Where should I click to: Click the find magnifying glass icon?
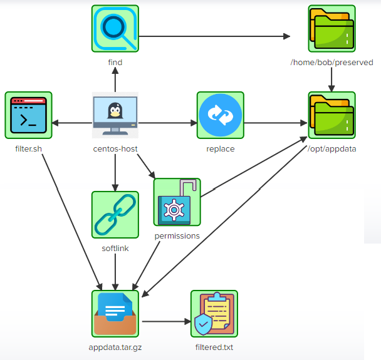[115, 29]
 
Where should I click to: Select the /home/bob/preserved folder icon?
[331, 29]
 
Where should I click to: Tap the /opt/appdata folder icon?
[331, 115]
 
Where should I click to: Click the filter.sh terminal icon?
[28, 115]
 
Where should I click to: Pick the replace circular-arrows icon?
[220, 115]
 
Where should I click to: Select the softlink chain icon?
[115, 215]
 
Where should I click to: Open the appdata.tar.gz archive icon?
[115, 314]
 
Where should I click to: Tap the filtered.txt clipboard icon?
[214, 314]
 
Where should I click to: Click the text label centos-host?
[115, 149]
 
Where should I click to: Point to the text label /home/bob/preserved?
[331, 63]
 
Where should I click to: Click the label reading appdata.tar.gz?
[115, 347]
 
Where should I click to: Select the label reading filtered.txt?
[214, 347]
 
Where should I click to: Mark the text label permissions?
[177, 236]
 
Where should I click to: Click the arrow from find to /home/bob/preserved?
[213, 37]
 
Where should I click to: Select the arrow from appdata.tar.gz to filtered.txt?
[165, 322]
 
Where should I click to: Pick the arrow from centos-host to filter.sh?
[72, 123]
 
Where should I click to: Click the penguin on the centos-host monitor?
[114, 111]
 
